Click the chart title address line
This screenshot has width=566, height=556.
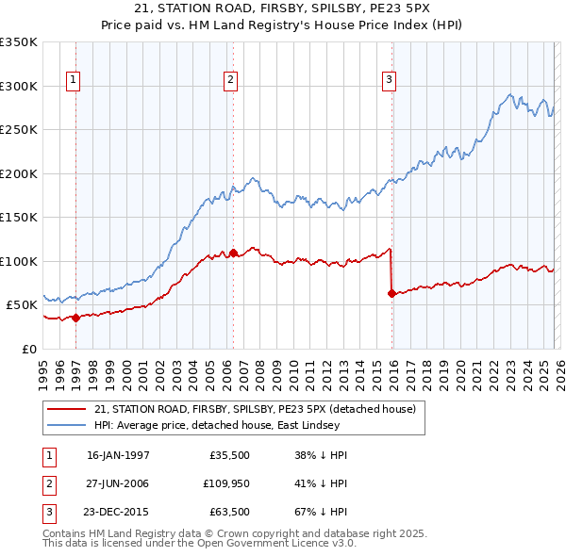(x=282, y=9)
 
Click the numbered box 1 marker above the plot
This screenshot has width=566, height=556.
(x=74, y=81)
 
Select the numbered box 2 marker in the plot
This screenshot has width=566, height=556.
(x=230, y=81)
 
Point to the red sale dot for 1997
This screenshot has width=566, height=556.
(x=76, y=318)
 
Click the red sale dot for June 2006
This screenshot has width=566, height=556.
(x=233, y=253)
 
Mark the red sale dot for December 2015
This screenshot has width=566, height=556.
(x=391, y=293)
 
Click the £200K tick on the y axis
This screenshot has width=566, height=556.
(x=19, y=173)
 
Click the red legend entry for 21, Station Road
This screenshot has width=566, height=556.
(x=260, y=409)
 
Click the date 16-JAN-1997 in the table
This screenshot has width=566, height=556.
(x=118, y=455)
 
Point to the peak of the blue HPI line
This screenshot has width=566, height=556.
(x=509, y=94)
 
